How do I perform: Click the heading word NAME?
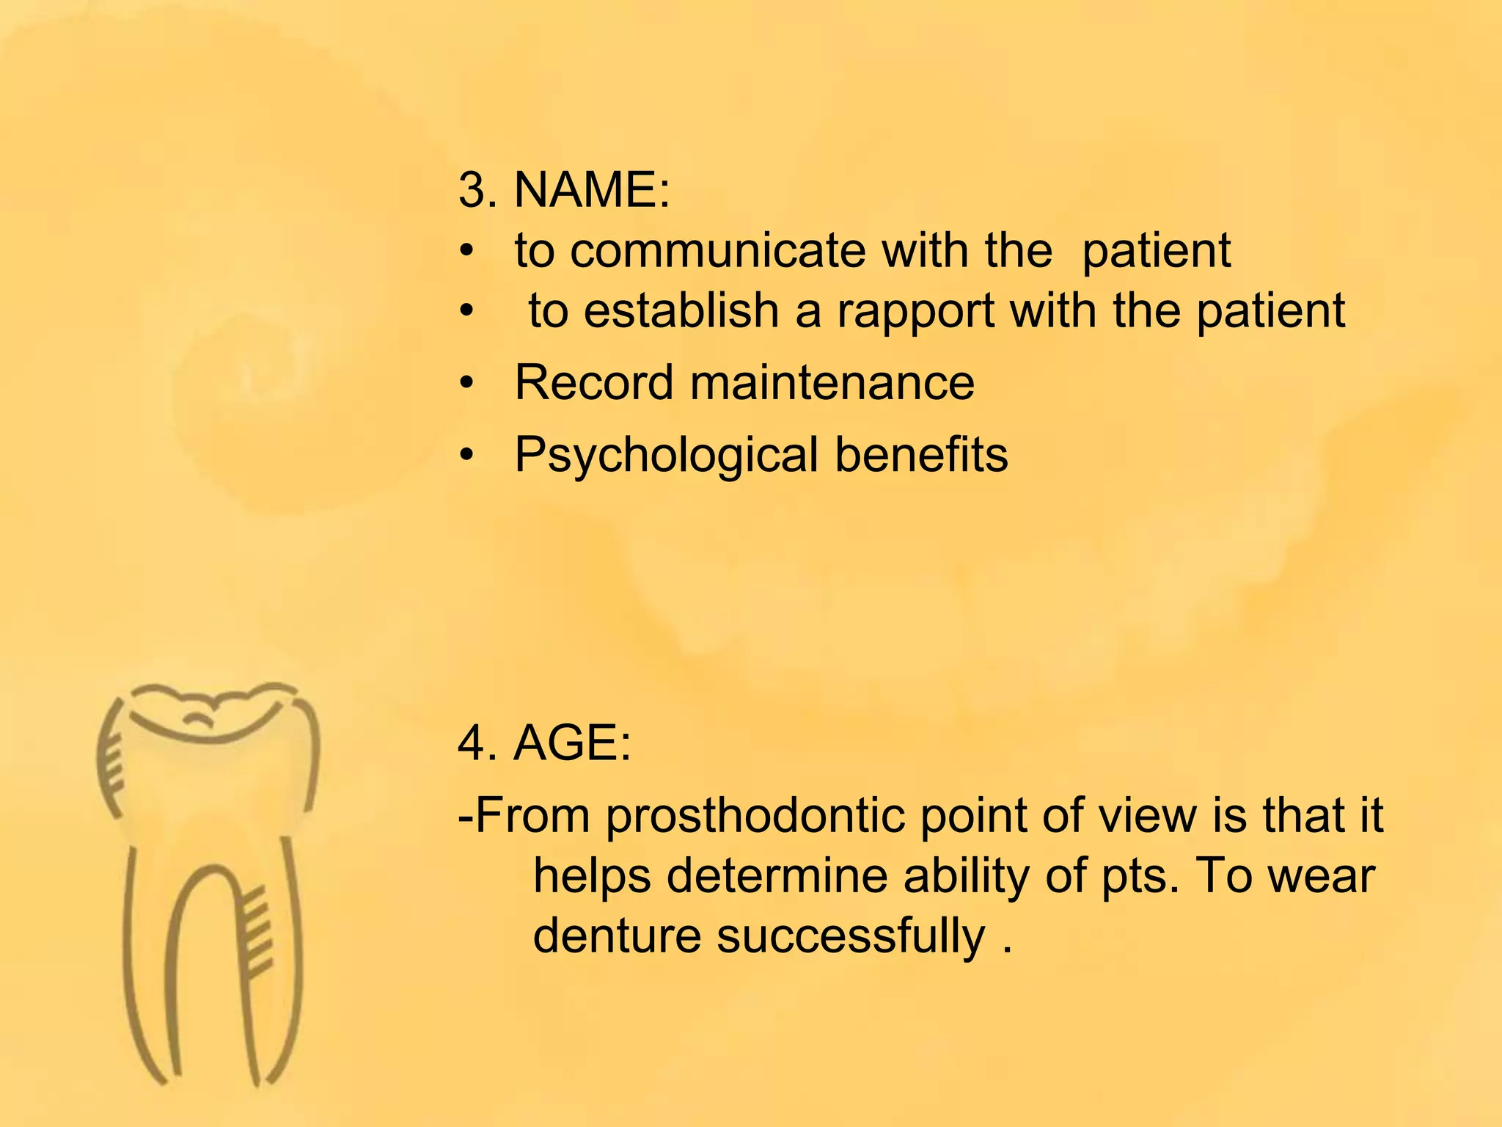click(x=592, y=190)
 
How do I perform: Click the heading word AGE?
click(x=572, y=743)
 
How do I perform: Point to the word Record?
click(x=593, y=382)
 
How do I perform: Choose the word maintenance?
click(x=832, y=382)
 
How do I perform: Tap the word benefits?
click(x=921, y=454)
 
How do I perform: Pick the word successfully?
click(x=851, y=938)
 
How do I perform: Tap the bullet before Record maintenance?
click(x=467, y=383)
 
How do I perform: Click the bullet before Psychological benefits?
click(x=467, y=456)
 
